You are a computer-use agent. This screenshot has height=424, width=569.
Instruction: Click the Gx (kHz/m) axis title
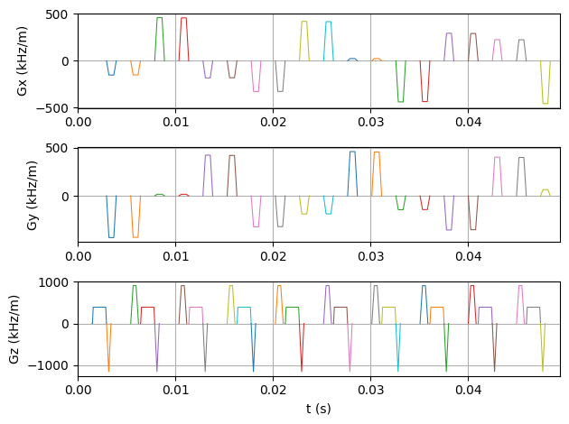click(22, 61)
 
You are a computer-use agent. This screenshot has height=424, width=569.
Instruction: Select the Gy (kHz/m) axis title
click(33, 195)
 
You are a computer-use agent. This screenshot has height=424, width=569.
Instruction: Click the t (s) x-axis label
click(318, 409)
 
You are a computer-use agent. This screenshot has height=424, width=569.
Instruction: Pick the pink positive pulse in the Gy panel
click(497, 171)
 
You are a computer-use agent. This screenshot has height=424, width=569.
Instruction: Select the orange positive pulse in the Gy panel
click(377, 167)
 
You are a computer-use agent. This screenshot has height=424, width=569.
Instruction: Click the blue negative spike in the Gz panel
click(253, 356)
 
